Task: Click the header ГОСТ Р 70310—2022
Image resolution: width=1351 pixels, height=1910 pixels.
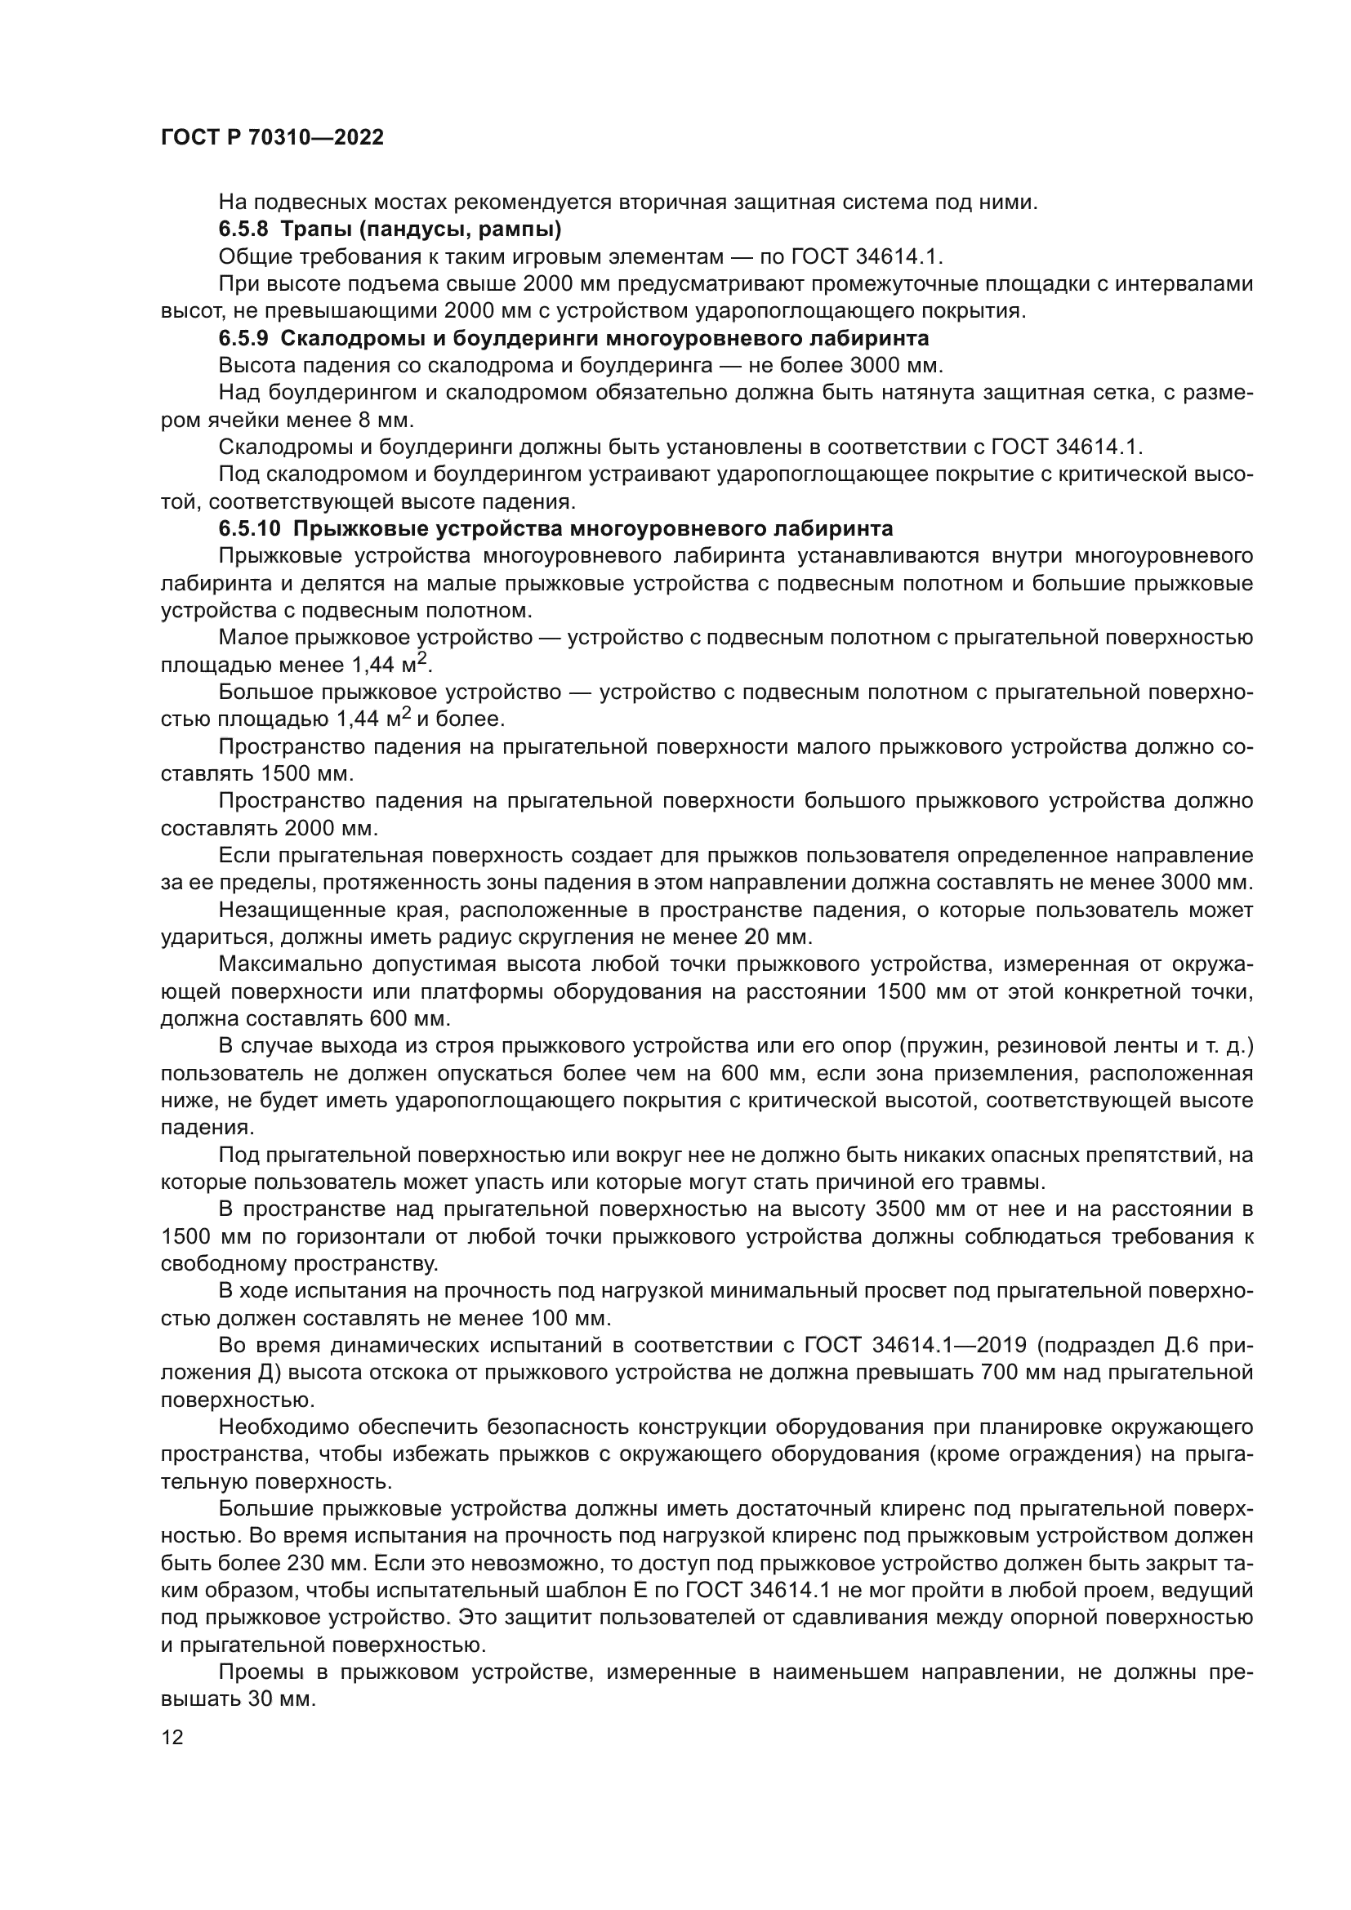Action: point(272,138)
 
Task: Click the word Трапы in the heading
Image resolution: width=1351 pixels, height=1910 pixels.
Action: point(311,229)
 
